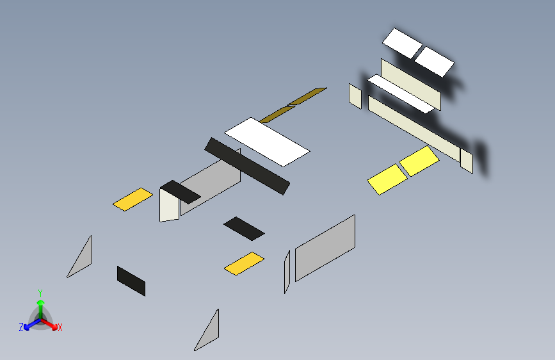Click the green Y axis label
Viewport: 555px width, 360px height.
coord(40,293)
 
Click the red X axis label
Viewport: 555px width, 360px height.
coord(60,327)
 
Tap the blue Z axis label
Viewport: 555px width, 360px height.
coord(21,327)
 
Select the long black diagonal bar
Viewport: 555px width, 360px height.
coord(247,166)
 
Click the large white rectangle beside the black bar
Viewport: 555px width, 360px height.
coord(267,142)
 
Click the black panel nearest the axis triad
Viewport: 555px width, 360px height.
coord(131,281)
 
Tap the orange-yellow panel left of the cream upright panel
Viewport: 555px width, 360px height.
coord(133,199)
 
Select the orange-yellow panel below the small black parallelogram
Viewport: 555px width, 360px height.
coord(245,263)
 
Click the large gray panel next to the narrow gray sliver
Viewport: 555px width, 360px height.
coord(325,248)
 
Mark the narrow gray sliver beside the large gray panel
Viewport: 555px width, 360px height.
coord(287,272)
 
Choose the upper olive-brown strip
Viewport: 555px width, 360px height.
coord(307,96)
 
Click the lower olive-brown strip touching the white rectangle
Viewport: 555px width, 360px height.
coord(278,114)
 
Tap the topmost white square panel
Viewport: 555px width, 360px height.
coord(403,43)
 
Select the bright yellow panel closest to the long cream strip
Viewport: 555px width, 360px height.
coord(419,161)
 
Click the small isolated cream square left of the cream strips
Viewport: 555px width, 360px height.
coord(355,96)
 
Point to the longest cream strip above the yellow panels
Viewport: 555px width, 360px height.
coord(414,129)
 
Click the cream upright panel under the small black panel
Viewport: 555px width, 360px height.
coord(169,206)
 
